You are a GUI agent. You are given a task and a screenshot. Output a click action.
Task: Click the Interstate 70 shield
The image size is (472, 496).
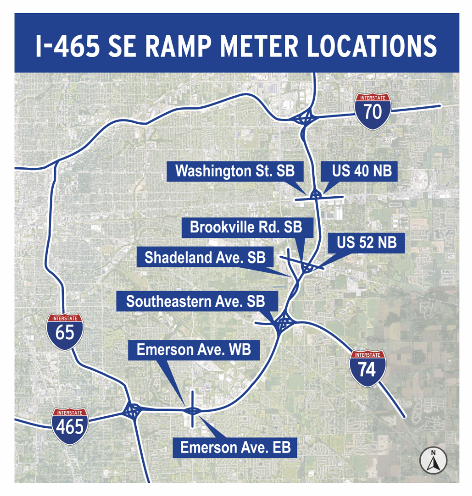[373, 110]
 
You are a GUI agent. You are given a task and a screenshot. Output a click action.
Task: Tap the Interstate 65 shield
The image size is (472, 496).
[65, 331]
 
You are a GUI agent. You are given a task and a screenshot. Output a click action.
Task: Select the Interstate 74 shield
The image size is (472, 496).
[368, 368]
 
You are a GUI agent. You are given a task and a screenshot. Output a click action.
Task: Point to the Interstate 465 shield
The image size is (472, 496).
[70, 426]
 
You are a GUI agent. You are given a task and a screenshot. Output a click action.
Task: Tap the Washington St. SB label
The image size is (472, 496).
[235, 172]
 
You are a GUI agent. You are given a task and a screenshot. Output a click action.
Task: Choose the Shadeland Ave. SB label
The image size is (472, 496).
[205, 257]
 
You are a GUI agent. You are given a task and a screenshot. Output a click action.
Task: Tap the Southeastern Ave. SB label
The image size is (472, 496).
[196, 302]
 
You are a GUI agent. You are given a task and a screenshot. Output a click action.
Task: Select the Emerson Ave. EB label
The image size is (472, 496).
[236, 448]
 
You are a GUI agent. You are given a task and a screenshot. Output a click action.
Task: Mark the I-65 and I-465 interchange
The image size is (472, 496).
[132, 411]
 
